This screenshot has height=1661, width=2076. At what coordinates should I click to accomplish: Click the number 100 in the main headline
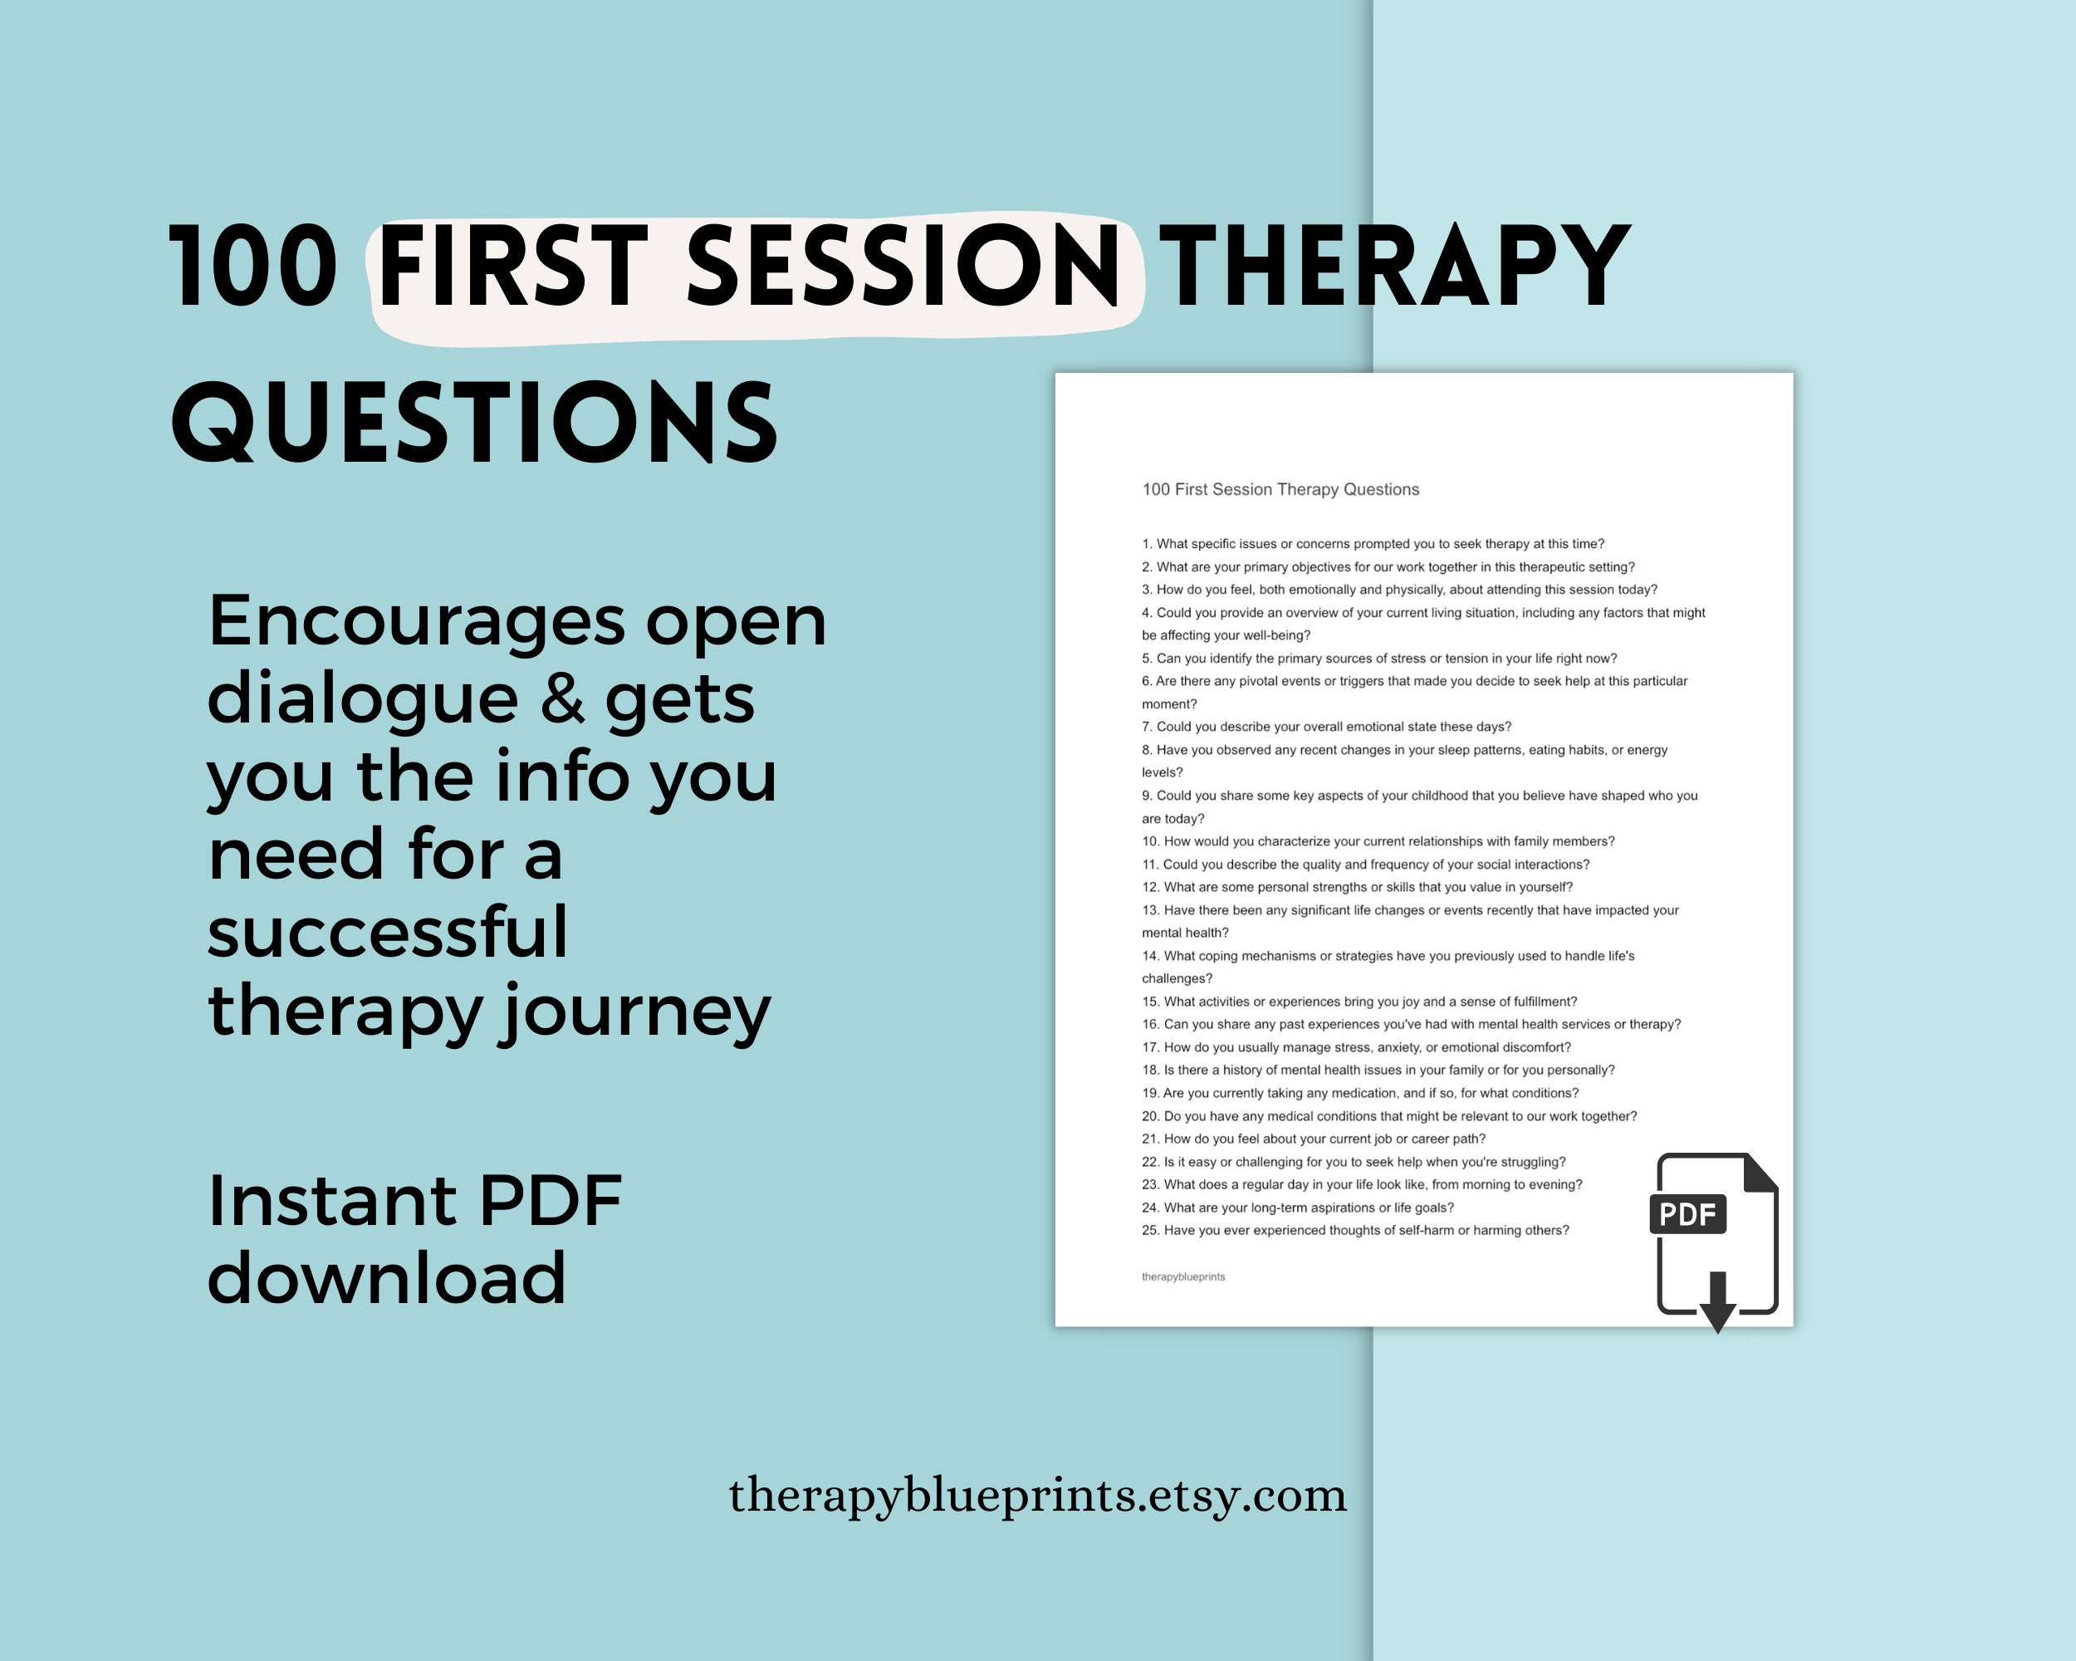(x=254, y=266)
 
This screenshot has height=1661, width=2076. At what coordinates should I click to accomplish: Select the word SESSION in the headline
(x=903, y=266)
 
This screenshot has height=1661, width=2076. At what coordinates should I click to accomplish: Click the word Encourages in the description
(x=415, y=621)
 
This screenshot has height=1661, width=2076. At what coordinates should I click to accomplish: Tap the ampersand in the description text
(x=561, y=699)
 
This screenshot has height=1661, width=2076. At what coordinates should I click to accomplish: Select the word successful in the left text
(x=387, y=932)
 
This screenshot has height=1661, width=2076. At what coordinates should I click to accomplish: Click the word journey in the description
(x=634, y=1011)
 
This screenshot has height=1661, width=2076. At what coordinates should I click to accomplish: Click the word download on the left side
(x=387, y=1279)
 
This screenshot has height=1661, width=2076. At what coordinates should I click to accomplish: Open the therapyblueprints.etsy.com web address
(x=1037, y=1496)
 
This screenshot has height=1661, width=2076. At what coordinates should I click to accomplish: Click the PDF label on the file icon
(x=1687, y=1214)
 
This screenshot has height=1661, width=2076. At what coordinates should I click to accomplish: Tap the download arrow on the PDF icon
(x=1716, y=1302)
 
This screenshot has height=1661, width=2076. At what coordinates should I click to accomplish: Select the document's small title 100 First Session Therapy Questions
(x=1280, y=489)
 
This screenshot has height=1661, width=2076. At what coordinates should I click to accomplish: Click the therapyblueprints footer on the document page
(x=1182, y=1276)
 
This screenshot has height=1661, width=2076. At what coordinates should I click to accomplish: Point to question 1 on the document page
(x=1372, y=544)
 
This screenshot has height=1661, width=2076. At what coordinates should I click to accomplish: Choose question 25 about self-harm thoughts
(x=1354, y=1230)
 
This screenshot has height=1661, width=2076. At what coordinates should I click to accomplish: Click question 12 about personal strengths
(x=1357, y=887)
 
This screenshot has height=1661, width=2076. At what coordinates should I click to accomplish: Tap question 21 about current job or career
(x=1314, y=1138)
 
